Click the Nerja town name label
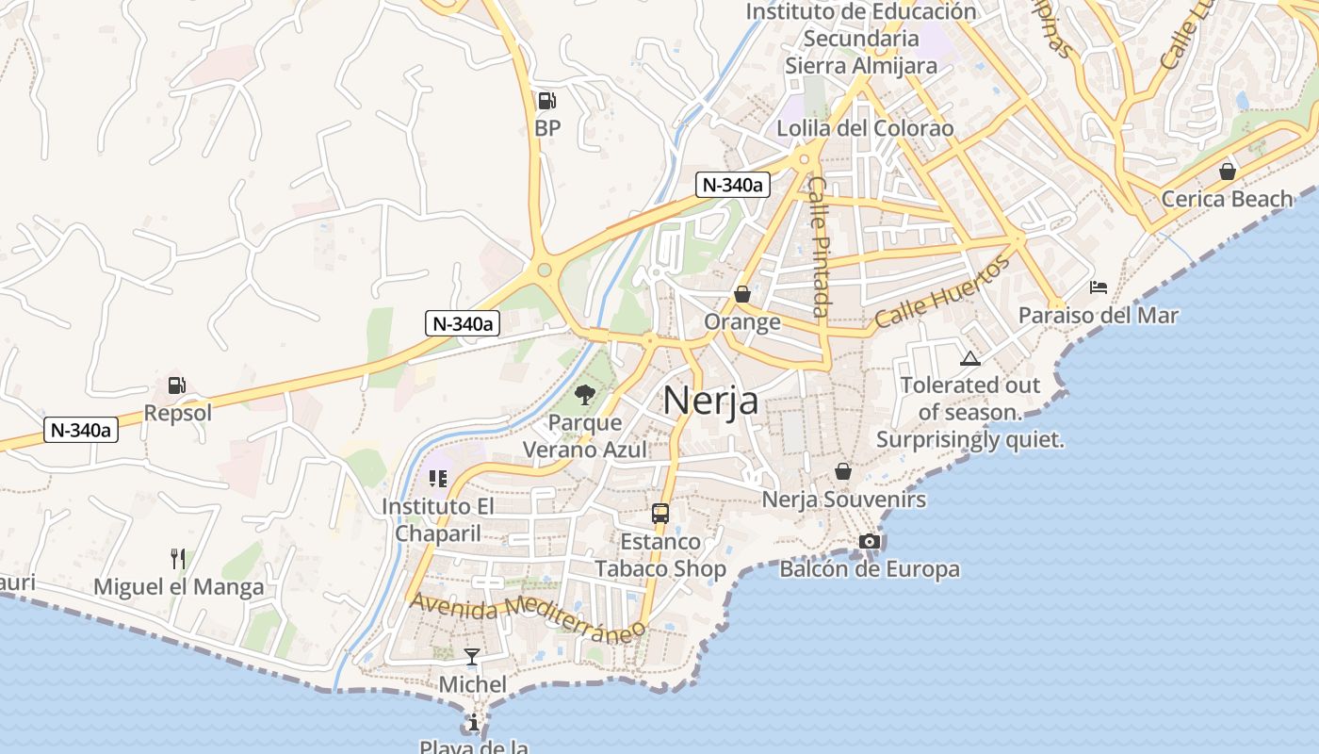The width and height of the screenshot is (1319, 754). click(x=710, y=401)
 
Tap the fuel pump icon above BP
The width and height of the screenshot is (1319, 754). click(x=546, y=100)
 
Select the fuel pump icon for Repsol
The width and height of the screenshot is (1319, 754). click(x=176, y=385)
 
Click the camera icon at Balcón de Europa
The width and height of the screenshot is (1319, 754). click(x=869, y=541)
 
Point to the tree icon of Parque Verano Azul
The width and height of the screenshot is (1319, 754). click(x=584, y=394)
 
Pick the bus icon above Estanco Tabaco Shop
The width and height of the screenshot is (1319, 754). click(x=660, y=514)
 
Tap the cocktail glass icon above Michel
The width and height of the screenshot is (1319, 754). click(x=472, y=656)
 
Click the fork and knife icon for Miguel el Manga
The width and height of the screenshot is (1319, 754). click(x=177, y=559)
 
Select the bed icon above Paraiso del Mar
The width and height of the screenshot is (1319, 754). click(x=1098, y=287)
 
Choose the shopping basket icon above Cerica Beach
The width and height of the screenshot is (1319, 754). click(x=1227, y=171)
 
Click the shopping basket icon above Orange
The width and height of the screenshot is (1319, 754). click(x=742, y=294)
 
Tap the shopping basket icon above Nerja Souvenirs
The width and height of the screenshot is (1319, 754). click(x=843, y=470)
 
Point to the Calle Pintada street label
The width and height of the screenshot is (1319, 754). click(x=818, y=246)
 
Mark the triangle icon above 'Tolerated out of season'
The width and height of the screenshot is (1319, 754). click(x=969, y=358)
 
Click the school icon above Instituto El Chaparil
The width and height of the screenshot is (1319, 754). click(x=437, y=479)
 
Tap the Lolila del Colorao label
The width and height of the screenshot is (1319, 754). click(x=865, y=128)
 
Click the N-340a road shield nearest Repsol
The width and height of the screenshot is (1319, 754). click(x=81, y=431)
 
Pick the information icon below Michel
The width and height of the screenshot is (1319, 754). click(x=472, y=723)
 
